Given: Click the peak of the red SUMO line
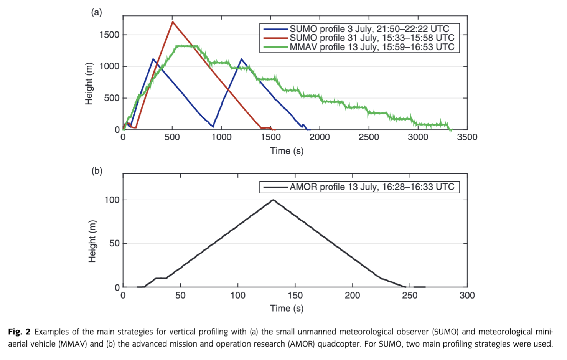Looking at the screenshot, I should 173,22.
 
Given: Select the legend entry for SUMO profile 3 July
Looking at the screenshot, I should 369,29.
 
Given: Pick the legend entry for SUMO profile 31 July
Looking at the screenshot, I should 372,38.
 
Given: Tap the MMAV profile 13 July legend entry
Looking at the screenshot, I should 372,47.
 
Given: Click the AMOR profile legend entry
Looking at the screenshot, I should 372,187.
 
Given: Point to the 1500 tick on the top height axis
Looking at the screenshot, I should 109,35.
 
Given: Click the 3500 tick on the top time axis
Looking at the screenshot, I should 467,137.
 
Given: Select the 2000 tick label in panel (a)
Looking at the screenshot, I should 320,137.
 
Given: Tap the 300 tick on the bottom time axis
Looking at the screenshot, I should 467,295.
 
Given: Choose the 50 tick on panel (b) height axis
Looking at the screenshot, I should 114,243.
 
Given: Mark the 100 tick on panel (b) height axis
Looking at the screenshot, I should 112,200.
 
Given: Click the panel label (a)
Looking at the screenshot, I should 96,12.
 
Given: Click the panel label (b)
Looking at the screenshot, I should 97,170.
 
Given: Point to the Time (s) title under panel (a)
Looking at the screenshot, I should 287,151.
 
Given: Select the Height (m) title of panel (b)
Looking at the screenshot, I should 92,241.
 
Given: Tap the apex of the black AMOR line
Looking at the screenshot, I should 273,200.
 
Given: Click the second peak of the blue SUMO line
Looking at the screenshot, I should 241,59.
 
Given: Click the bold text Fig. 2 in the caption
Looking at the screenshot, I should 19,332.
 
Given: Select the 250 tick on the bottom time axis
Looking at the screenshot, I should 410,295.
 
